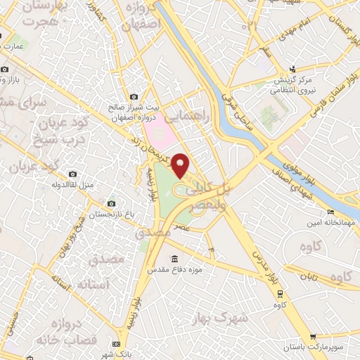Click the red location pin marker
(x=181, y=165)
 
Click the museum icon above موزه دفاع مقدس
(x=174, y=258)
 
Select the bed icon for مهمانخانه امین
(x=330, y=212)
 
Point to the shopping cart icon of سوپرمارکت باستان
(x=314, y=336)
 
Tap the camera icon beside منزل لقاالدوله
(x=72, y=173)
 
